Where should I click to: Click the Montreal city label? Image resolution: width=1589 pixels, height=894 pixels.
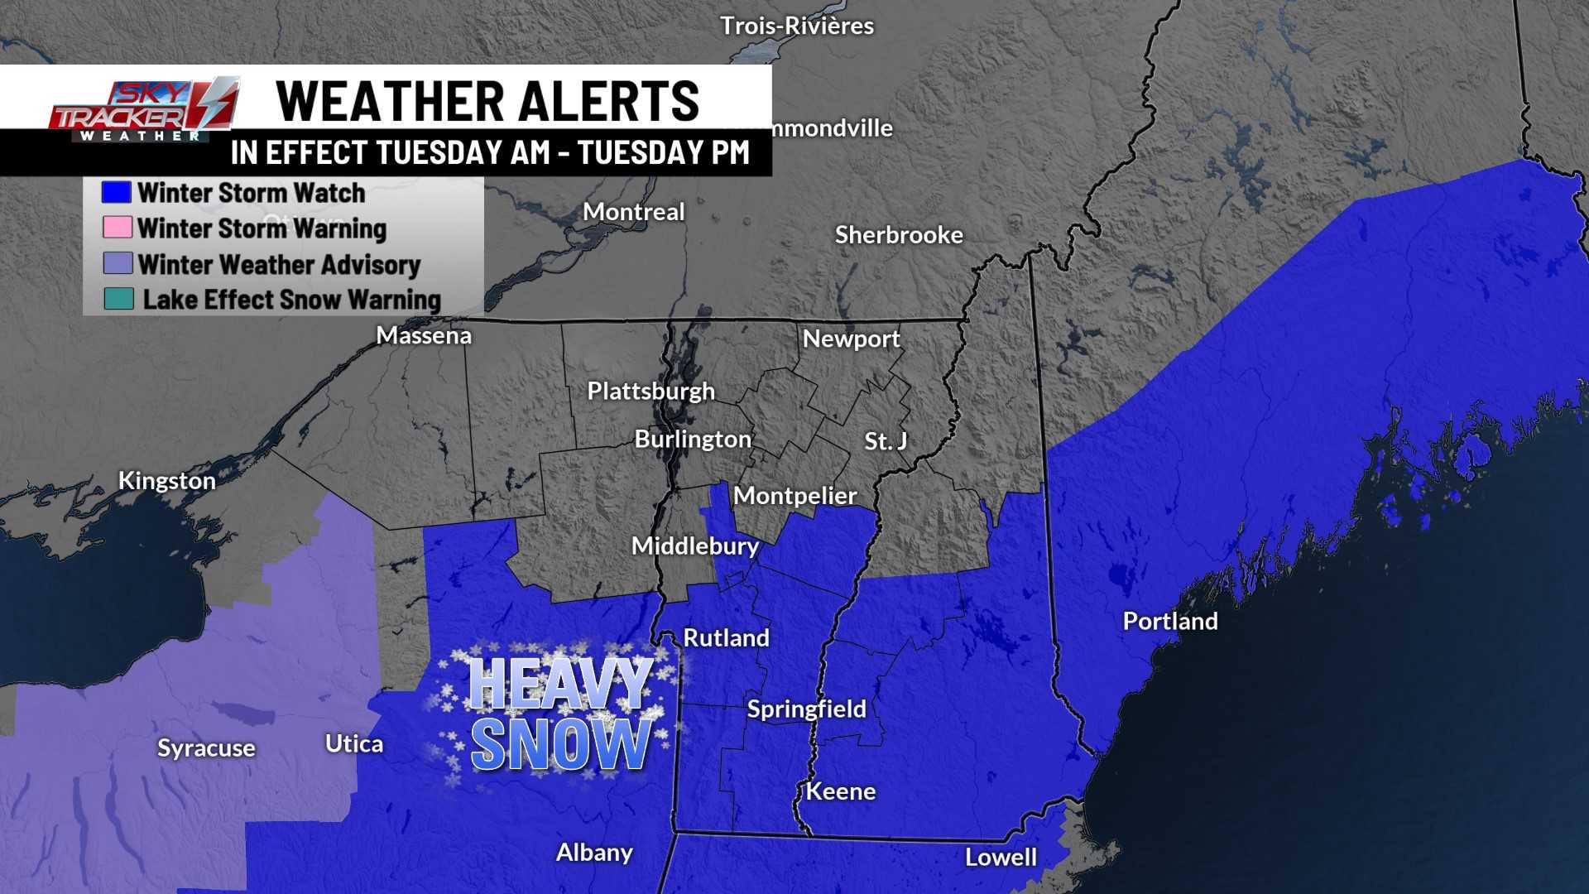633,212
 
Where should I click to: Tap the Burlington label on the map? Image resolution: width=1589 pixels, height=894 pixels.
693,439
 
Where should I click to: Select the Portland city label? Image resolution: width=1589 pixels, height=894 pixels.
1169,621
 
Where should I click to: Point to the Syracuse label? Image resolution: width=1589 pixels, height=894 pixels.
206,747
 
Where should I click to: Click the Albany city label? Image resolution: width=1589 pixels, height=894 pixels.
594,852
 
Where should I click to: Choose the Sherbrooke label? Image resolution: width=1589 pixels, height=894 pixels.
899,235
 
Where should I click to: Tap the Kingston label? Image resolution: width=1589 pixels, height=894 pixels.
166,480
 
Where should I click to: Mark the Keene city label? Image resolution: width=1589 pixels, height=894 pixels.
840,791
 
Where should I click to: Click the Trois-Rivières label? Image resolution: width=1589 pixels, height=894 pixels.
796,26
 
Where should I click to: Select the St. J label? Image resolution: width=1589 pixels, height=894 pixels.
885,441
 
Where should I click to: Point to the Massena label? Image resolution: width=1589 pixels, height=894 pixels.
424,335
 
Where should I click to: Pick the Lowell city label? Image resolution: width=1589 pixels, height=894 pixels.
1001,857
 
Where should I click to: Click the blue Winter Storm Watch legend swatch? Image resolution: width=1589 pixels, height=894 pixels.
116,192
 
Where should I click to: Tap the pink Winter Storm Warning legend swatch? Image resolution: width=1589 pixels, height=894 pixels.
117,228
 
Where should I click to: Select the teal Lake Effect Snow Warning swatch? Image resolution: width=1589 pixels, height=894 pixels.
118,299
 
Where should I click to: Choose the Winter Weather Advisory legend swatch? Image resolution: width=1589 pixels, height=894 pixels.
118,263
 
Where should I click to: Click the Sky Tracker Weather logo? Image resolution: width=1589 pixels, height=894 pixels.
145,110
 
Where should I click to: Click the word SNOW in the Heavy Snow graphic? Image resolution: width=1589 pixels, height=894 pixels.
561,743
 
